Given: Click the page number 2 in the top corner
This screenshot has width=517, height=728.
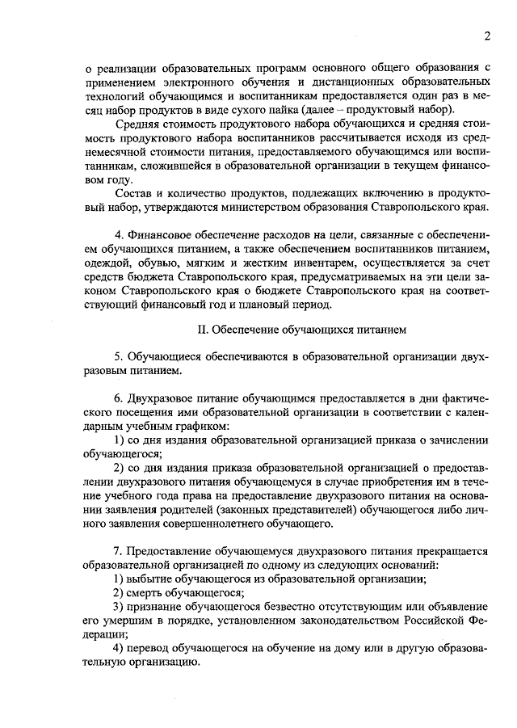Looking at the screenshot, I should [x=488, y=36].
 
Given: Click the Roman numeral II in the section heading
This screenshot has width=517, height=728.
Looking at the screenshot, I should [x=202, y=330].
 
